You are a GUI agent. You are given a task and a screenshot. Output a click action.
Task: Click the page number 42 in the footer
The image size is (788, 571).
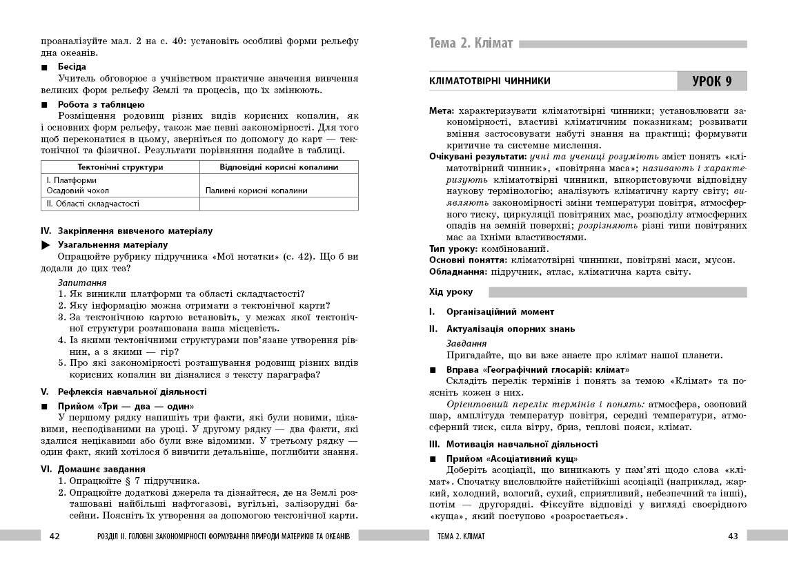pyautogui.click(x=55, y=536)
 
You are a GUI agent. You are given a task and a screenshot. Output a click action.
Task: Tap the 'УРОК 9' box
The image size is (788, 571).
pyautogui.click(x=712, y=81)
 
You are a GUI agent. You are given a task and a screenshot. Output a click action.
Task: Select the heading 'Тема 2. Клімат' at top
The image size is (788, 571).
pyautogui.click(x=471, y=44)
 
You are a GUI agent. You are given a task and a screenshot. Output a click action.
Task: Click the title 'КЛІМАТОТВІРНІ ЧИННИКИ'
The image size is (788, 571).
pyautogui.click(x=489, y=81)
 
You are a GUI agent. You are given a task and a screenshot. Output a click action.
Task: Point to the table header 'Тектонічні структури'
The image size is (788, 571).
pyautogui.click(x=120, y=167)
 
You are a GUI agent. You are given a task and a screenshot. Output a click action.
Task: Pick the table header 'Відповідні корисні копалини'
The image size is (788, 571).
pyautogui.click(x=279, y=167)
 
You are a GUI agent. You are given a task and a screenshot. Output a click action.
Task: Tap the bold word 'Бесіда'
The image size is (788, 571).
pyautogui.click(x=72, y=67)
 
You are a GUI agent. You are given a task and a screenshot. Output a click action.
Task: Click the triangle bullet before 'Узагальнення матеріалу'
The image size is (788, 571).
pyautogui.click(x=46, y=244)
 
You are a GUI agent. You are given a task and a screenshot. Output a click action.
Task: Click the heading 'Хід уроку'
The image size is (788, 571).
pyautogui.click(x=451, y=293)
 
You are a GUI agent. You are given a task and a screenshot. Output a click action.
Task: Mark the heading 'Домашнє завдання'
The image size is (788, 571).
pyautogui.click(x=97, y=469)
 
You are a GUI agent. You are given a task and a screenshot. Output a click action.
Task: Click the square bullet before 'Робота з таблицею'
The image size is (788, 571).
pyautogui.click(x=46, y=105)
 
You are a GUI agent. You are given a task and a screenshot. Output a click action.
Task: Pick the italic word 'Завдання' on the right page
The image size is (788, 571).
pyautogui.click(x=466, y=343)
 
